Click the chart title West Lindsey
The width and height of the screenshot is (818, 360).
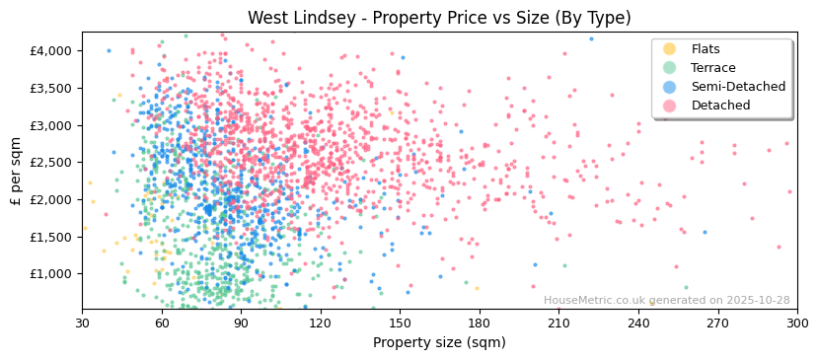(x=439, y=18)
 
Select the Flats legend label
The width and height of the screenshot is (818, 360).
(x=706, y=49)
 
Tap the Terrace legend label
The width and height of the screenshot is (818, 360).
(x=713, y=68)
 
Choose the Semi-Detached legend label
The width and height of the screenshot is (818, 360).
(x=738, y=87)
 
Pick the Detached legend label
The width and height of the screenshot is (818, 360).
(x=721, y=106)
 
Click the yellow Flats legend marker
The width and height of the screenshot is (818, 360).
(x=670, y=49)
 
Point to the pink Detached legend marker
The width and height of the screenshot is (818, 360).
(x=670, y=106)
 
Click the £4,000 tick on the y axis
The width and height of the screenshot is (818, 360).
(x=51, y=50)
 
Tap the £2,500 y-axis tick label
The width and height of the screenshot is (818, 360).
(x=51, y=162)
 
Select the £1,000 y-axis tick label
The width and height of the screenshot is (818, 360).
(x=51, y=273)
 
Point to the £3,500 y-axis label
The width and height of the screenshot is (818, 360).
(x=51, y=88)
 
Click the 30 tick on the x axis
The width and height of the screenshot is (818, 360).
(x=82, y=323)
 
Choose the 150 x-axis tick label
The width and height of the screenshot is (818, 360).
(x=400, y=323)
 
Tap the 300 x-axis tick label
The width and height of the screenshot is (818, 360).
(x=797, y=323)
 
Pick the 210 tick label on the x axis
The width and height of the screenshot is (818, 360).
(x=558, y=323)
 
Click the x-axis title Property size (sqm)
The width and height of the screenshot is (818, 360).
(x=439, y=342)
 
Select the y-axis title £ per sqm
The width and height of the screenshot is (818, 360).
(x=17, y=171)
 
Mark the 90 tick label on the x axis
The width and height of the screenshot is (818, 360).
(x=241, y=323)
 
